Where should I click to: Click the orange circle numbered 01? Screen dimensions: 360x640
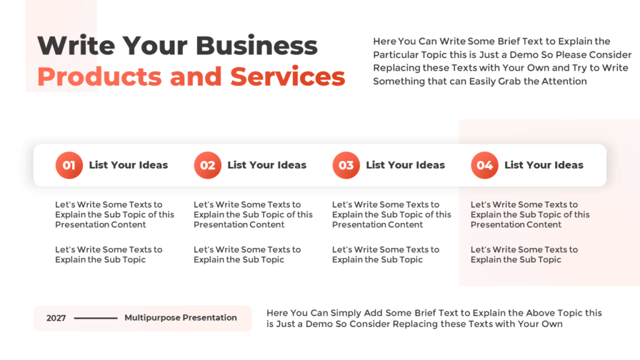(69, 166)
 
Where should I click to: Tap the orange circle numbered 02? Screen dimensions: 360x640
(207, 166)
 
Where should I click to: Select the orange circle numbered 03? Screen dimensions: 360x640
(346, 166)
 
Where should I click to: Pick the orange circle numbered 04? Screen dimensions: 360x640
(484, 166)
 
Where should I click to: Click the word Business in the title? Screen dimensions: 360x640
(257, 46)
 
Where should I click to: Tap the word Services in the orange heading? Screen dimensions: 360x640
(287, 77)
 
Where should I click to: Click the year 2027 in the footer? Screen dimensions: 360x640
(56, 318)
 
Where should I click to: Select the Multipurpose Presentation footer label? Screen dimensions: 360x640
(181, 317)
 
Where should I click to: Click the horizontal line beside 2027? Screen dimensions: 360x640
(96, 318)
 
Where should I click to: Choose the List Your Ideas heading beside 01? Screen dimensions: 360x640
(128, 166)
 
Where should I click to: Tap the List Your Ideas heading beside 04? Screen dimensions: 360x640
(544, 166)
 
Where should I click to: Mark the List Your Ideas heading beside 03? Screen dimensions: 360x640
(405, 166)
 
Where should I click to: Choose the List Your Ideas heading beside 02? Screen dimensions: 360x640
(267, 166)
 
